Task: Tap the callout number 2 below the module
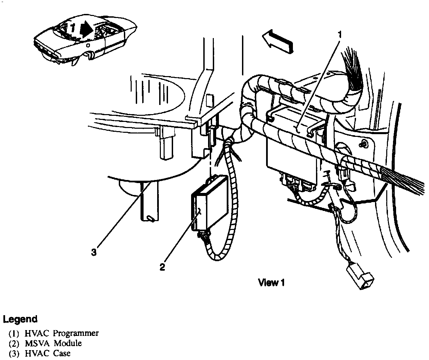point(163,267)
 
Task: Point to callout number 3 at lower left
point(94,252)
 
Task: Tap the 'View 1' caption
point(271,282)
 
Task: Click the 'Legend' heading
point(20,319)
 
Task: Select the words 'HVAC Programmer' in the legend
point(62,333)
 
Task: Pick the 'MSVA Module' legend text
point(53,343)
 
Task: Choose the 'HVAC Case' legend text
point(48,353)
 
